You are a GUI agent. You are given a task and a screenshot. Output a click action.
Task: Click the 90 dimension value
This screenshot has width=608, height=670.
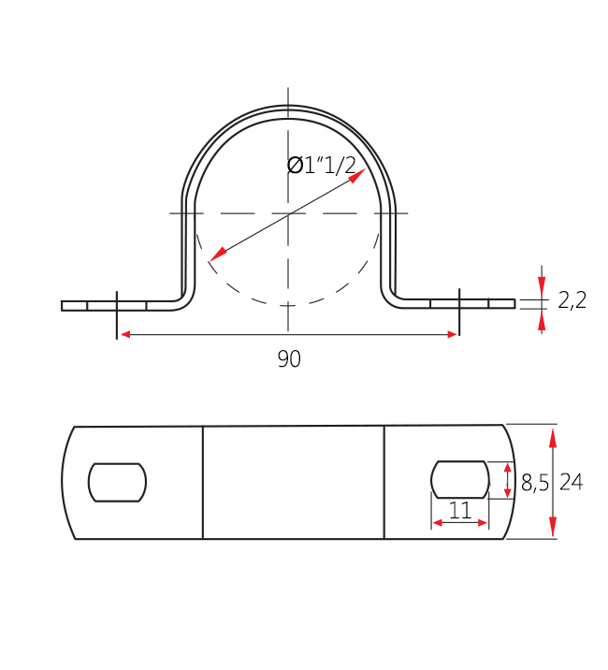tap(289, 359)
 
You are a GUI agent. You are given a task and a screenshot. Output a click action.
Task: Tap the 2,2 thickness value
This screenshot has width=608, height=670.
tap(572, 300)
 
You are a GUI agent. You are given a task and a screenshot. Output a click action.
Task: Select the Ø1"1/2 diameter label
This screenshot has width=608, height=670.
tap(321, 165)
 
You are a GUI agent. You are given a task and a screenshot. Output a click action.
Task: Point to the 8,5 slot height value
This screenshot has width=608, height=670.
tap(534, 483)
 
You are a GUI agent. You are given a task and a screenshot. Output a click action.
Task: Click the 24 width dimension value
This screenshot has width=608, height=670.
tap(572, 482)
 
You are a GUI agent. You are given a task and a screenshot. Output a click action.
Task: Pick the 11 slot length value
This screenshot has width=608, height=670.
tap(459, 510)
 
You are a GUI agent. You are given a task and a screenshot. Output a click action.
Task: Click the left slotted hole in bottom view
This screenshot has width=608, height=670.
tap(118, 483)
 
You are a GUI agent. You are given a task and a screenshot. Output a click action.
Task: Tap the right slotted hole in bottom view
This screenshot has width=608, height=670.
tap(459, 479)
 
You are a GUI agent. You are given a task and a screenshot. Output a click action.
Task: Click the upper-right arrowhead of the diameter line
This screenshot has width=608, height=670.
tap(357, 176)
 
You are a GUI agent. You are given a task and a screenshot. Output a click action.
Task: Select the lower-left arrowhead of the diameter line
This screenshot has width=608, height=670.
tap(218, 254)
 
